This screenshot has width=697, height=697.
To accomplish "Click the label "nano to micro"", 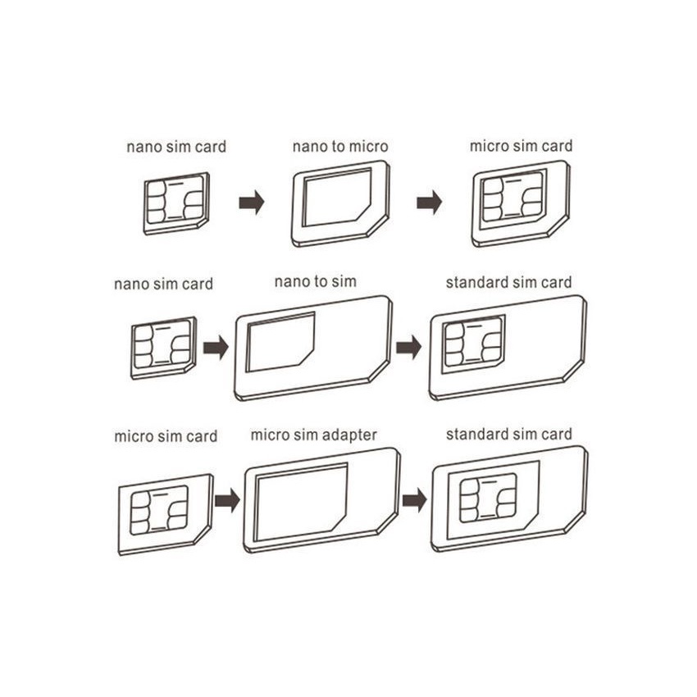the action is click(x=340, y=146).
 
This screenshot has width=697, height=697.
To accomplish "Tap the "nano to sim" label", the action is click(x=315, y=281).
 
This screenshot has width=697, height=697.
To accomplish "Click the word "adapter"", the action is click(x=349, y=435).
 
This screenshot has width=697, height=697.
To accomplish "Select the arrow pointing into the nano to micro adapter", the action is click(x=252, y=203).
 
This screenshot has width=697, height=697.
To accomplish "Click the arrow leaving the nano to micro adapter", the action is click(x=430, y=203).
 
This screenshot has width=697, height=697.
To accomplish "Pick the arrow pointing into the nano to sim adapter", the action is click(x=216, y=347).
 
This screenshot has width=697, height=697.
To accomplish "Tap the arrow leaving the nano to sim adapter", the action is click(x=409, y=347).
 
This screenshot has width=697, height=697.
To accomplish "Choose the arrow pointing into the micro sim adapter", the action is click(x=228, y=500).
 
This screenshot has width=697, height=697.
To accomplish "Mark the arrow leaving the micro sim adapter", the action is click(x=415, y=500).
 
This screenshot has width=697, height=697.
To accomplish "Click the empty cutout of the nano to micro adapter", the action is click(x=337, y=198).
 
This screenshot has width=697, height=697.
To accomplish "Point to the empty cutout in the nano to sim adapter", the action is click(x=280, y=342).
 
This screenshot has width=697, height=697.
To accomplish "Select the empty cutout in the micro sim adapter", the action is click(x=300, y=503).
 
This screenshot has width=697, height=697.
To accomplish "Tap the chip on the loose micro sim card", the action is click(x=159, y=510).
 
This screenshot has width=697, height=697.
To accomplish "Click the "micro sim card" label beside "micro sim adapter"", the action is click(x=166, y=436).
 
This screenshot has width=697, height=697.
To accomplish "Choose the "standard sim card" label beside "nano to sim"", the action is click(x=508, y=283).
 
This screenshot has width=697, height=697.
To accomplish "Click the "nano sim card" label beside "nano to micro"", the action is click(x=176, y=147).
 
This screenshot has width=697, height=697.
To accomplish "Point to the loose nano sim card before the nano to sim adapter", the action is click(x=163, y=348).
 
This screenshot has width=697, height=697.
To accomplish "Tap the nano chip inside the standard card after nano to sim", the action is click(x=474, y=342).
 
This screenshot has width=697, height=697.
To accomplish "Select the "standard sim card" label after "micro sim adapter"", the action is click(x=509, y=435).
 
